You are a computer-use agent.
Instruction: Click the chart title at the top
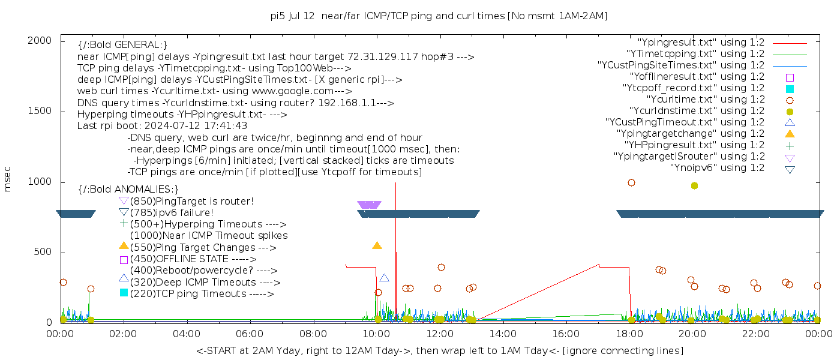point(439,16)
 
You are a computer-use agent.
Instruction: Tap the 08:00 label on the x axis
point(313,334)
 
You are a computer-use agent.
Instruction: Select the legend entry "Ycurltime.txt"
point(705,100)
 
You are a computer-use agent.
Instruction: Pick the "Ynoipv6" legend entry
point(717,168)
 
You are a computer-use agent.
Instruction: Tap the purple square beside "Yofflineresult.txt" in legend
point(790,77)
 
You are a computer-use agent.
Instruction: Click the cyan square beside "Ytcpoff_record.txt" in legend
point(790,88)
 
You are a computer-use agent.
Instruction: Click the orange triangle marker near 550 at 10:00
point(377,245)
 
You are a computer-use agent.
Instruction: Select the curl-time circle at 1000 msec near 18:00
point(631,182)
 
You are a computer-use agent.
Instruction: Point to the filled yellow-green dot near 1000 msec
point(694,185)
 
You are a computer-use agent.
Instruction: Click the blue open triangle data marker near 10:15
point(384,278)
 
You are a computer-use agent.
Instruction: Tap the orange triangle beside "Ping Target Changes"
point(124,245)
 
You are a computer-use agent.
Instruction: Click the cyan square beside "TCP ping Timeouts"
point(124,292)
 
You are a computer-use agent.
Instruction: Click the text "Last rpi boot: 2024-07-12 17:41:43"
point(162,126)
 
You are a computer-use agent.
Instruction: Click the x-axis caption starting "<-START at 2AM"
point(439,350)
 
